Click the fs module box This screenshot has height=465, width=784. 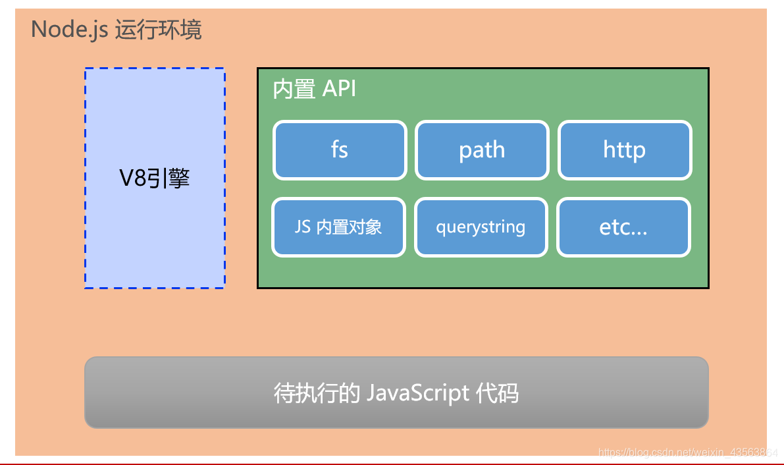340,150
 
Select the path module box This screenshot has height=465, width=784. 482,150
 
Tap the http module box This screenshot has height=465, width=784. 625,150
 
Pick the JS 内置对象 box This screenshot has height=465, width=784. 338,227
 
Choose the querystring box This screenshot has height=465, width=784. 481,227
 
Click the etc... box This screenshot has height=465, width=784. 623,227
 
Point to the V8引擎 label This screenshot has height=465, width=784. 155,178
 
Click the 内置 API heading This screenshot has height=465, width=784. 315,89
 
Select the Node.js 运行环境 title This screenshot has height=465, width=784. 117,30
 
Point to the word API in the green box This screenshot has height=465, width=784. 339,89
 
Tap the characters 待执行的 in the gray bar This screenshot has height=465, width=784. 316,393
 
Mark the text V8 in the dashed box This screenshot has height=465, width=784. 132,178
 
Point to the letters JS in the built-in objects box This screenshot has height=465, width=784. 303,227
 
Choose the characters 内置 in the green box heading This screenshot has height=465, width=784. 294,89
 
